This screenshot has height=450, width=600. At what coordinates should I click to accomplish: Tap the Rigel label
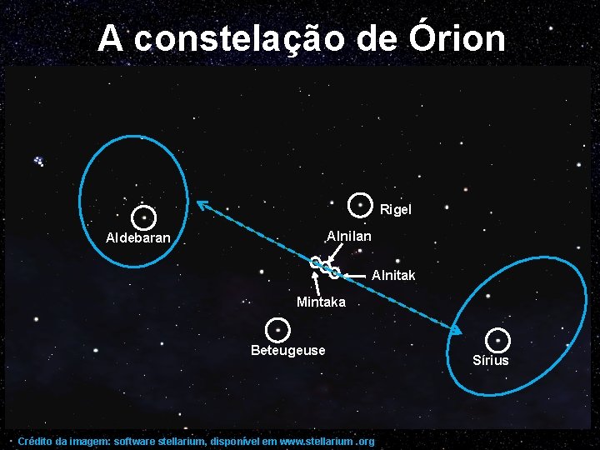point(396,209)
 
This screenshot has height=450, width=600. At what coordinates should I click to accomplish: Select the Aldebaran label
point(138,238)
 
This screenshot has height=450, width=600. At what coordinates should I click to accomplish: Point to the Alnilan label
point(349,237)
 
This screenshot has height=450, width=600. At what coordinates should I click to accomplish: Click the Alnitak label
point(393,275)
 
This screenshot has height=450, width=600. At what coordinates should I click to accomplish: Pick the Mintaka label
point(321,302)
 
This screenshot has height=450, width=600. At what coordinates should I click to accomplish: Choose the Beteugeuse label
point(288,350)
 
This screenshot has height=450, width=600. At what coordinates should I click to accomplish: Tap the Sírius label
point(490,360)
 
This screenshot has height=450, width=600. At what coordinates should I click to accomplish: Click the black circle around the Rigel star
point(360,202)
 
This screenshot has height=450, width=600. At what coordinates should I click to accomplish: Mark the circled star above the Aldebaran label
point(144,217)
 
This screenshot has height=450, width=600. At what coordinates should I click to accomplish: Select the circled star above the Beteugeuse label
point(277,329)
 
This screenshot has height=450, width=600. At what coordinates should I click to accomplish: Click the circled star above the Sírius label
point(497,340)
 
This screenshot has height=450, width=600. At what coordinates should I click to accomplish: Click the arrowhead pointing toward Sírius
point(455,330)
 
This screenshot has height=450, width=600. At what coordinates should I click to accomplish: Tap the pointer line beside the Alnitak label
point(356,274)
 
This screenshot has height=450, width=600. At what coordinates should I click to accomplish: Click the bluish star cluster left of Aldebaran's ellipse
point(38,160)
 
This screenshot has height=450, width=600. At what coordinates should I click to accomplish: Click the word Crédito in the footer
point(34,441)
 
